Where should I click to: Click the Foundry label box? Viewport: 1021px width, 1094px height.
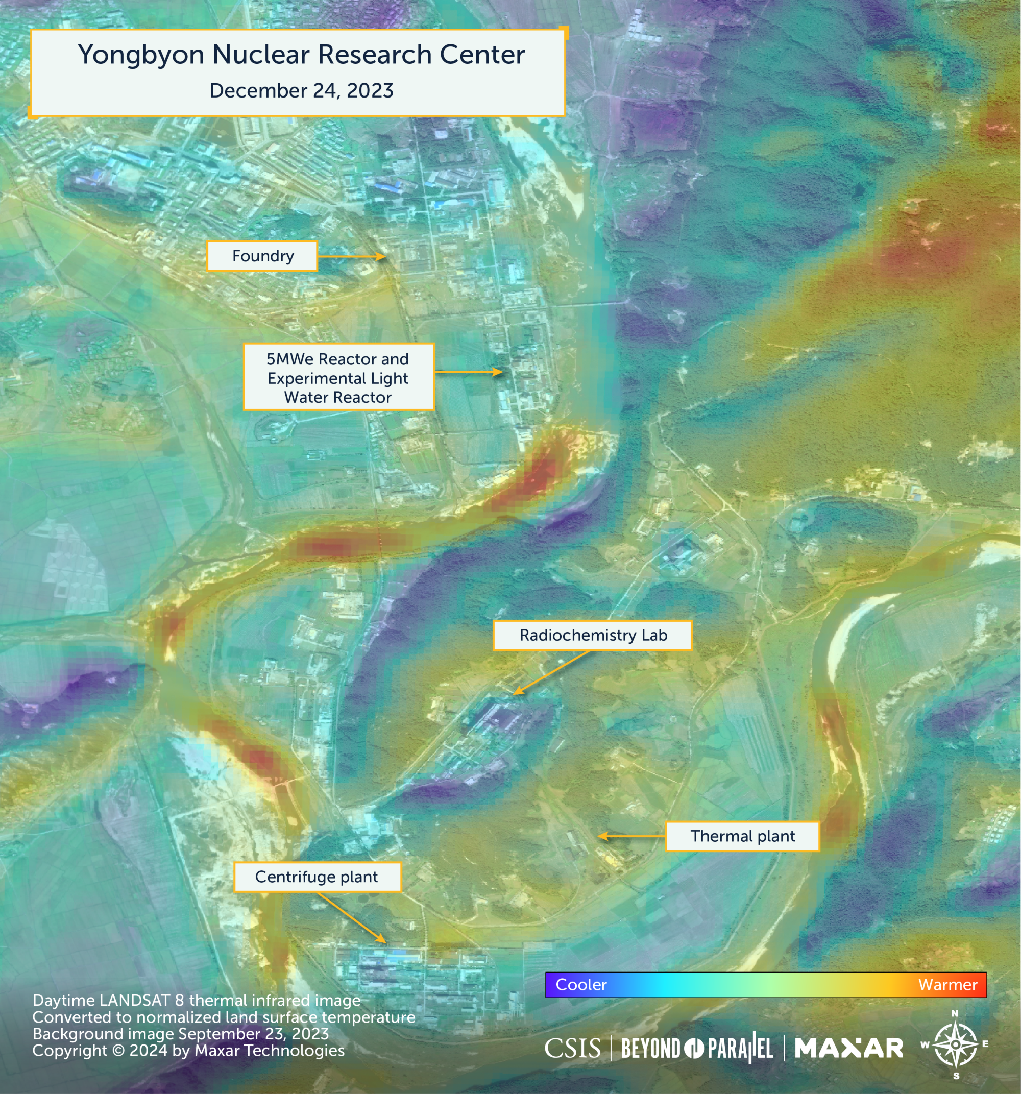(x=262, y=256)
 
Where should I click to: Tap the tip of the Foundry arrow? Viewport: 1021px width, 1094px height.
(x=384, y=256)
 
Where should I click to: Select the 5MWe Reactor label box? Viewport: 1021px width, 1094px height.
(x=338, y=377)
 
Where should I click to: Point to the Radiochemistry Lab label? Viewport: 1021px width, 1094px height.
(x=592, y=635)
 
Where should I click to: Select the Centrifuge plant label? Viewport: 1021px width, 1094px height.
(x=317, y=877)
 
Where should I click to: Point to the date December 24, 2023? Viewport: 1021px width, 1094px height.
(x=301, y=91)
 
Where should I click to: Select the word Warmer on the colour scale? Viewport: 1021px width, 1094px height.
(x=947, y=984)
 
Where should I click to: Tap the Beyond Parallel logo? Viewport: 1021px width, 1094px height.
(x=697, y=1049)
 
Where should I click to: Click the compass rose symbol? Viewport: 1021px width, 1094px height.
(x=956, y=1044)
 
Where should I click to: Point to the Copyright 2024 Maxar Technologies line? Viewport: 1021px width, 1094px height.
(x=188, y=1051)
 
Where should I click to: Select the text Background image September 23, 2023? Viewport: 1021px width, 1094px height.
(x=181, y=1034)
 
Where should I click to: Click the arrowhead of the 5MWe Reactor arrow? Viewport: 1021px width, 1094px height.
(x=501, y=372)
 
